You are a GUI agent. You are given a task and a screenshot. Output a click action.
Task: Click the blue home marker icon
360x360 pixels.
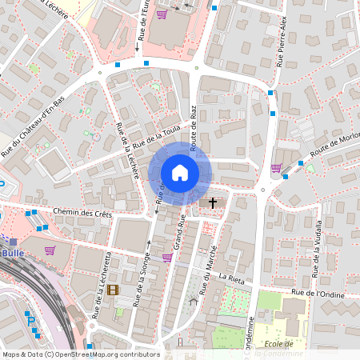tap(179, 173)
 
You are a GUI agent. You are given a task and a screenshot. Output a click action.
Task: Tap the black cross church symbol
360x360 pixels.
tap(213, 203)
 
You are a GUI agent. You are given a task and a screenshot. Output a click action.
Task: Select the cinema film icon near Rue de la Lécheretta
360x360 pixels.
tap(113, 290)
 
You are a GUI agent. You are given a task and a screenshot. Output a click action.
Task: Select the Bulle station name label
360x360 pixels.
tap(14, 253)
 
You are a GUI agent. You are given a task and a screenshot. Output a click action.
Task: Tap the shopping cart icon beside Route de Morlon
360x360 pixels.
tap(276, 168)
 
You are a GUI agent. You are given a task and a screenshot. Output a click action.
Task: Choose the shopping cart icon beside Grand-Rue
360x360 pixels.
tap(166, 257)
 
